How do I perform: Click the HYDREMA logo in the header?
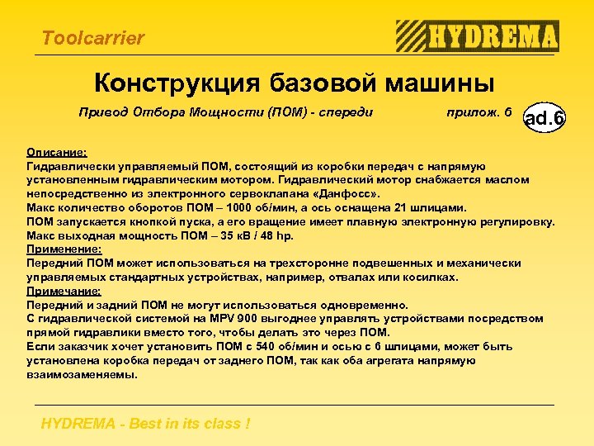point(478,36)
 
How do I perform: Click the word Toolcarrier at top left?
point(92,38)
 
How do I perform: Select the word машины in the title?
point(439,83)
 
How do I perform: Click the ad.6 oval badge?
point(544,118)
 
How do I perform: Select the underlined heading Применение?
point(64,249)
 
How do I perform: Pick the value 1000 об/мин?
point(270,207)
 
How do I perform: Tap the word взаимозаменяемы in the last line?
point(82,374)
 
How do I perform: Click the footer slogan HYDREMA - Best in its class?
point(145,424)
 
